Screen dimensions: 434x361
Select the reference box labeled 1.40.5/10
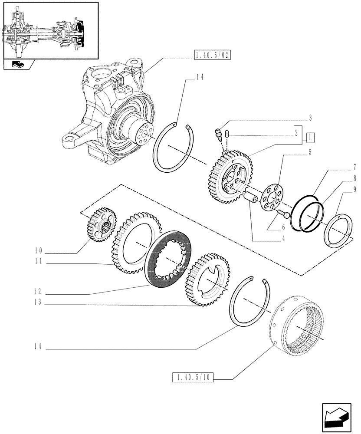point(194,378)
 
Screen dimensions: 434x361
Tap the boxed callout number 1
point(310,138)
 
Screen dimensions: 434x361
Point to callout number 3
point(310,117)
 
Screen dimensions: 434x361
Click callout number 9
point(354,189)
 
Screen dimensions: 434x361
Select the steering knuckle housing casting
point(113,108)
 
